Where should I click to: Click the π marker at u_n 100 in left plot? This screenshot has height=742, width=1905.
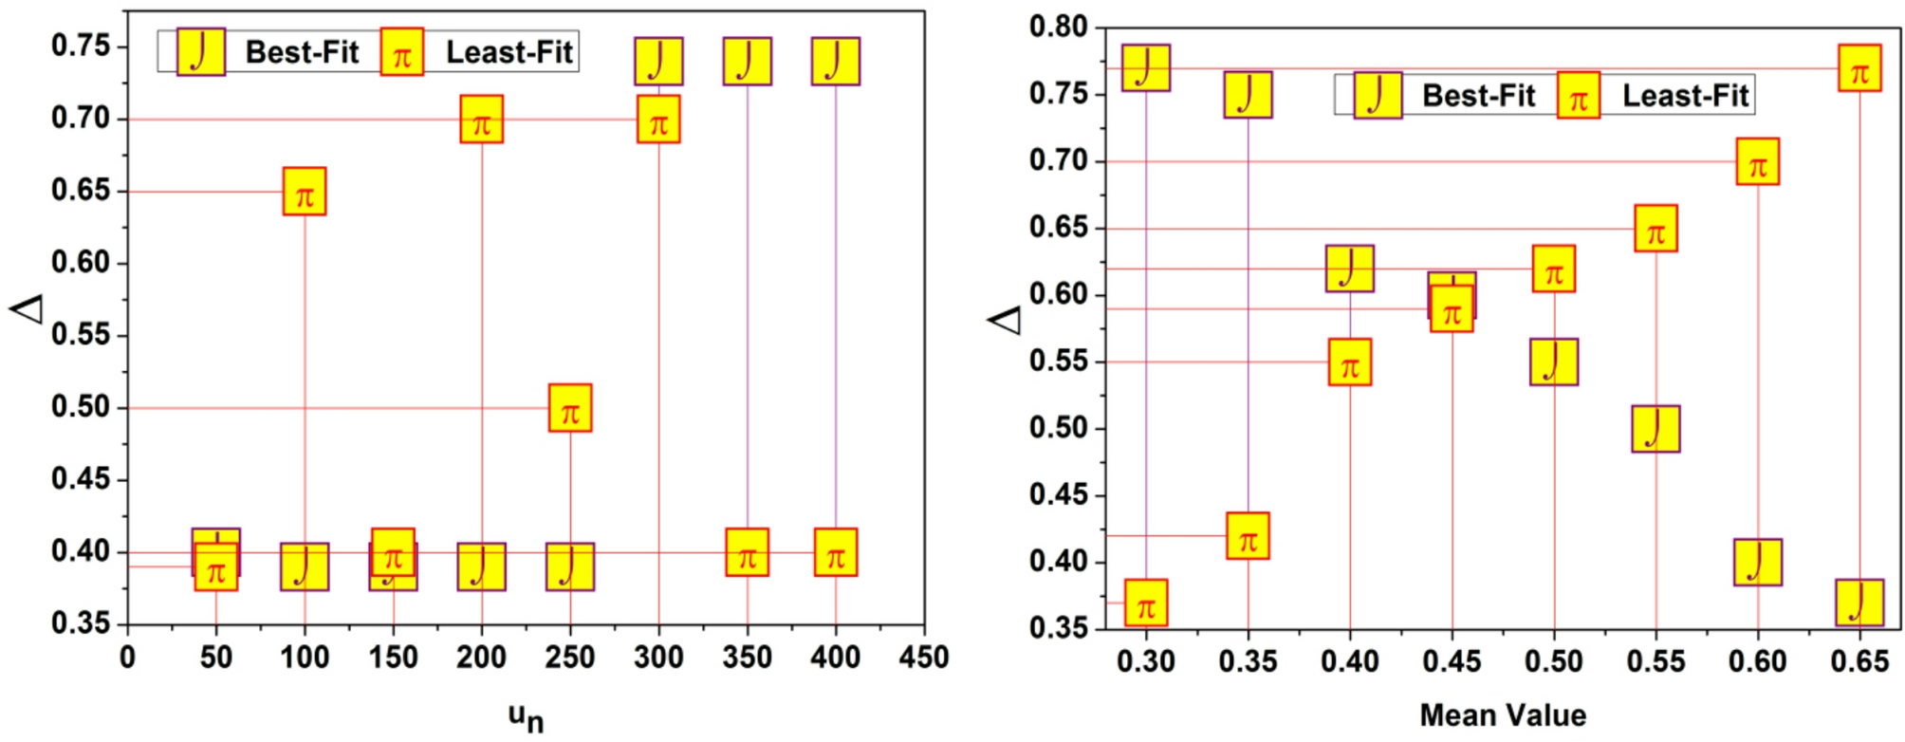(305, 192)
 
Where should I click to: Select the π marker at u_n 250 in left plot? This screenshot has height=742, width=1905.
(570, 408)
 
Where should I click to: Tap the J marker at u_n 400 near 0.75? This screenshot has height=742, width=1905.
(836, 62)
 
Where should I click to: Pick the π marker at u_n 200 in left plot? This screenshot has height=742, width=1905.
(482, 120)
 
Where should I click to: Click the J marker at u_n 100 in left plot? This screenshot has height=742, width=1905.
(305, 567)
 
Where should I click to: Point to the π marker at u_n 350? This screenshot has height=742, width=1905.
(748, 552)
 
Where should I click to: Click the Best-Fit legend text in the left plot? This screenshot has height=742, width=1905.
(302, 52)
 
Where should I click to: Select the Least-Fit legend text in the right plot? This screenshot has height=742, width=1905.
(1685, 95)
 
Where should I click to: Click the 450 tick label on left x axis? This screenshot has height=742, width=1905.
(923, 658)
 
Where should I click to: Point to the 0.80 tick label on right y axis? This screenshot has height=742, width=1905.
(1058, 27)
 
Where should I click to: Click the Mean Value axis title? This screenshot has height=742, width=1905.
(1503, 715)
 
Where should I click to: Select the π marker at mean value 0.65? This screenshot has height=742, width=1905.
(1859, 68)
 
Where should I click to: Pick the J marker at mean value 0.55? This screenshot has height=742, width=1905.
(1656, 429)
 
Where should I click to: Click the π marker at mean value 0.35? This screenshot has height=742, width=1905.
(1248, 536)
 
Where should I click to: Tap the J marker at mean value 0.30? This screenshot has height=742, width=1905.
(1146, 68)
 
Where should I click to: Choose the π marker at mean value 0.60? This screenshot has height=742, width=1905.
(1758, 161)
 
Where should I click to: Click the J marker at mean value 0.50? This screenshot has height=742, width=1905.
(1554, 362)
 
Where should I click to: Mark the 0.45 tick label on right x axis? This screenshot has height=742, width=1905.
(1452, 661)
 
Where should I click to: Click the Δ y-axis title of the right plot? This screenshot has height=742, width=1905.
(1005, 321)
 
